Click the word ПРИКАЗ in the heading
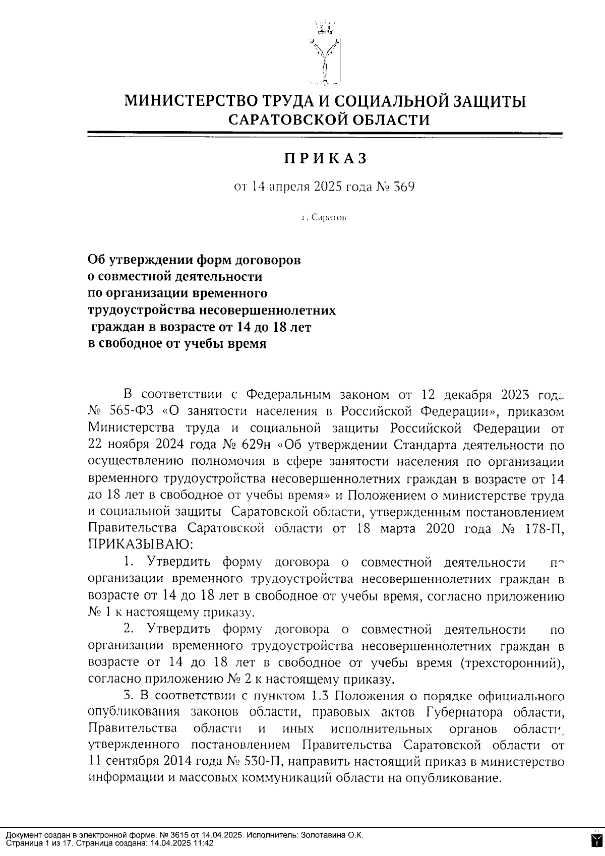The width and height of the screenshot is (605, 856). click(x=325, y=158)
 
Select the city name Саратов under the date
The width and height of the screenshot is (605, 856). click(x=328, y=218)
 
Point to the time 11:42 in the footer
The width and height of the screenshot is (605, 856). click(x=204, y=842)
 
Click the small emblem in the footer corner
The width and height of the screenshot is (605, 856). click(x=596, y=838)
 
